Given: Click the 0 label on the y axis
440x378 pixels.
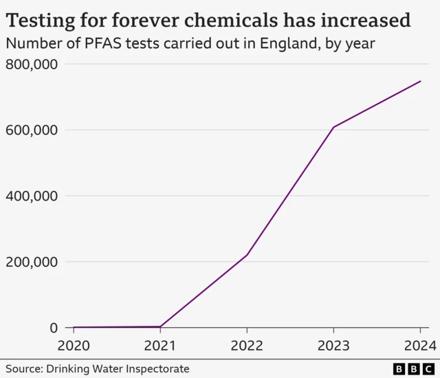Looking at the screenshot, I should [x=53, y=328].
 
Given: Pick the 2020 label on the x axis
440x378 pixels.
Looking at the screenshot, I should [x=73, y=345].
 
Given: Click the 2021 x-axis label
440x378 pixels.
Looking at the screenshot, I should [x=159, y=345].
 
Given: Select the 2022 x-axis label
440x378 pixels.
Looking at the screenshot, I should [x=247, y=345].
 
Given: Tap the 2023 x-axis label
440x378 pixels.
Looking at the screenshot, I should [x=333, y=345].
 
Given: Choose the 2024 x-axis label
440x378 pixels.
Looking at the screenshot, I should [x=419, y=345].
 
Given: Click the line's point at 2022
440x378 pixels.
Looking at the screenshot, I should [x=247, y=255].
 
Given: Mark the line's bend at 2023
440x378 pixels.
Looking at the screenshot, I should [x=333, y=127].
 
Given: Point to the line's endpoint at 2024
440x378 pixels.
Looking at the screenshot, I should [x=421, y=81].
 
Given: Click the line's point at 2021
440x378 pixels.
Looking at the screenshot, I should [x=159, y=326].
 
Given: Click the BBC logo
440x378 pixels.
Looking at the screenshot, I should [x=414, y=369].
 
